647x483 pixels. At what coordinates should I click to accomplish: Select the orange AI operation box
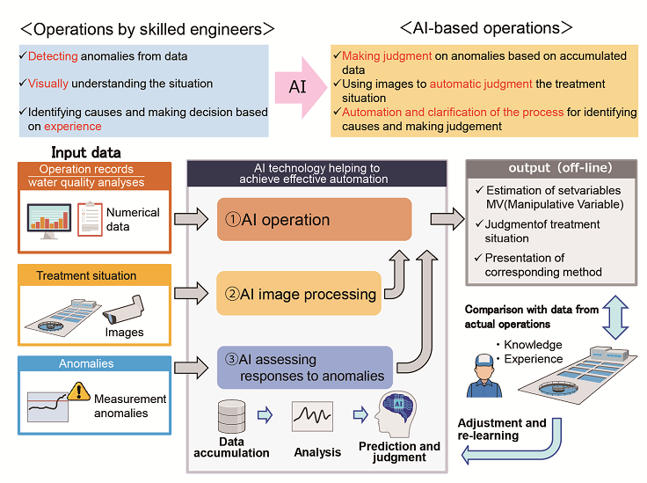point(314,220)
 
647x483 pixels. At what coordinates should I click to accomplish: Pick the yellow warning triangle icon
point(78,391)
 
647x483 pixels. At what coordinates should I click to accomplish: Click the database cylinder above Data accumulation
point(231,413)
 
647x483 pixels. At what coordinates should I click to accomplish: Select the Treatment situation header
point(86,275)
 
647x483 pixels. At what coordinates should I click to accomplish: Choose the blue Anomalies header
point(86,362)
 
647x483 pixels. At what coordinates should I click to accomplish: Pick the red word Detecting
point(53,57)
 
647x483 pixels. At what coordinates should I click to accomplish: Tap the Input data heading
point(86,152)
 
